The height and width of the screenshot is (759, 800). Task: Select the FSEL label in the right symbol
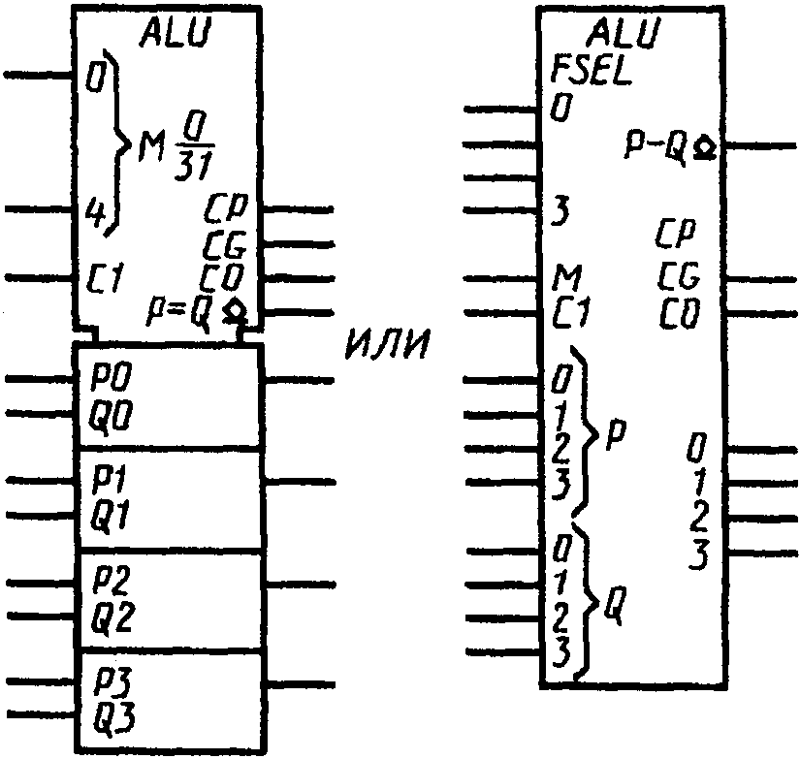tap(592, 72)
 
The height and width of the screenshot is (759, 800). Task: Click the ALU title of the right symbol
tap(624, 33)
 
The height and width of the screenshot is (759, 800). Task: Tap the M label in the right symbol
tap(567, 278)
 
